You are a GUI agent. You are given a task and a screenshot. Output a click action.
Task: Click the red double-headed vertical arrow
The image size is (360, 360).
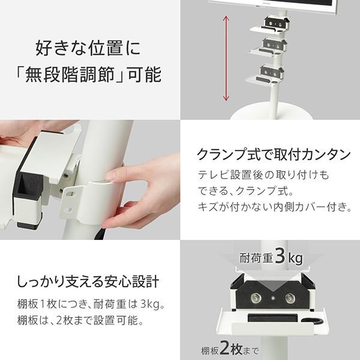(226, 58)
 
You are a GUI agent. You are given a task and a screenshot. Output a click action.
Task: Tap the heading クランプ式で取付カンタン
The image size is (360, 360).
(274, 155)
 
